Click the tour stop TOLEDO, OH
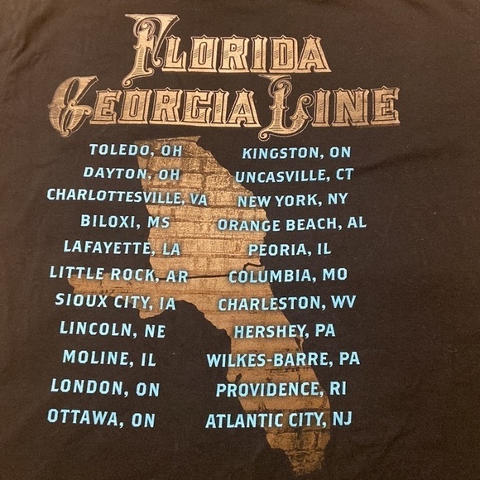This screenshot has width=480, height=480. (134, 151)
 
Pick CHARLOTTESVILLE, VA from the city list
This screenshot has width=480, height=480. (127, 197)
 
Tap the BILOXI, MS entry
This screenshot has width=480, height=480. (125, 222)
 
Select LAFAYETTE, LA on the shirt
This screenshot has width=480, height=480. (122, 247)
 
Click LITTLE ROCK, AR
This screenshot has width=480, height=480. (118, 273)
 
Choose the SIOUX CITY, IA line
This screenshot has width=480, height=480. (115, 302)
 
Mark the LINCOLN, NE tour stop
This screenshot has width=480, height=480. (113, 330)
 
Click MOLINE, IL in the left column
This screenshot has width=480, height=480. (108, 358)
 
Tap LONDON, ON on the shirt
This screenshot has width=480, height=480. (105, 386)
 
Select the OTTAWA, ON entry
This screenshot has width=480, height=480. (101, 418)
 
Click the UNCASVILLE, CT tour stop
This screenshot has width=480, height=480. (294, 175)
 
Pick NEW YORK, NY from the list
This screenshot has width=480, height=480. (293, 199)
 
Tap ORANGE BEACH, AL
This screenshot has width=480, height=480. (292, 223)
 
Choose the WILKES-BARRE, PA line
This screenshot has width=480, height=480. (283, 359)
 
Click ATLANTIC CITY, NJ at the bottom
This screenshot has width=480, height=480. (279, 420)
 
